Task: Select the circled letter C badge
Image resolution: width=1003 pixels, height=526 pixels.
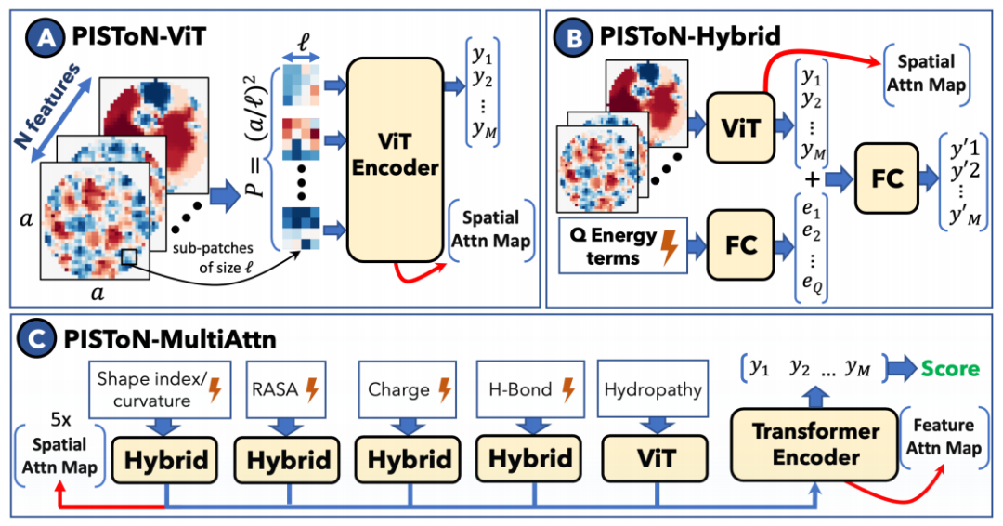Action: (x=37, y=338)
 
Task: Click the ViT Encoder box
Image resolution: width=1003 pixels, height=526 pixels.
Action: (x=395, y=159)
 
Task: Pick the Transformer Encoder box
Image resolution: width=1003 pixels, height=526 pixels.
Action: (x=815, y=444)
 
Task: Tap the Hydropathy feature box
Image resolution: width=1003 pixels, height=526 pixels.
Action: (x=653, y=389)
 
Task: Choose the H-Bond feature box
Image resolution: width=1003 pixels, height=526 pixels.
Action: (x=531, y=389)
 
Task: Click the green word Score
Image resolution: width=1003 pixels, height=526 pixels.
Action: (x=950, y=369)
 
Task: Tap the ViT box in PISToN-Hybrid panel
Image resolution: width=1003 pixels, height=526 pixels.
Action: (x=740, y=127)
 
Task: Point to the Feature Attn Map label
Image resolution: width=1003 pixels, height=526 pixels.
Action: (x=944, y=437)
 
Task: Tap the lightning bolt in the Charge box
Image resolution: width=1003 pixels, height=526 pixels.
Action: (x=444, y=389)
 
